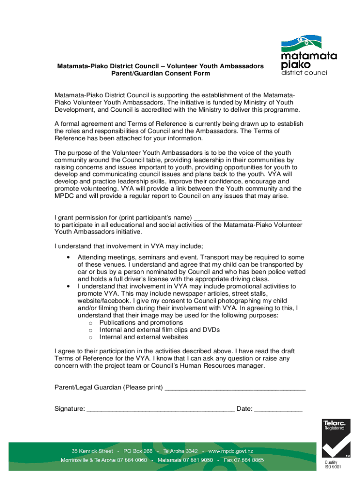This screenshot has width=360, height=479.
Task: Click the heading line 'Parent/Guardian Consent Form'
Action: click(x=160, y=73)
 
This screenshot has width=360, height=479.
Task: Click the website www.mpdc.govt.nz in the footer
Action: click(x=230, y=451)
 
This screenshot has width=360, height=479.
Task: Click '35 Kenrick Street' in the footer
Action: click(x=92, y=451)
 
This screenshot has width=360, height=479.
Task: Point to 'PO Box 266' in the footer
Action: click(x=138, y=451)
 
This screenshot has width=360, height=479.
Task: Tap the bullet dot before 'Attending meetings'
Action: click(x=69, y=258)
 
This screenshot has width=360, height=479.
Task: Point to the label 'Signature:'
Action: click(x=70, y=409)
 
